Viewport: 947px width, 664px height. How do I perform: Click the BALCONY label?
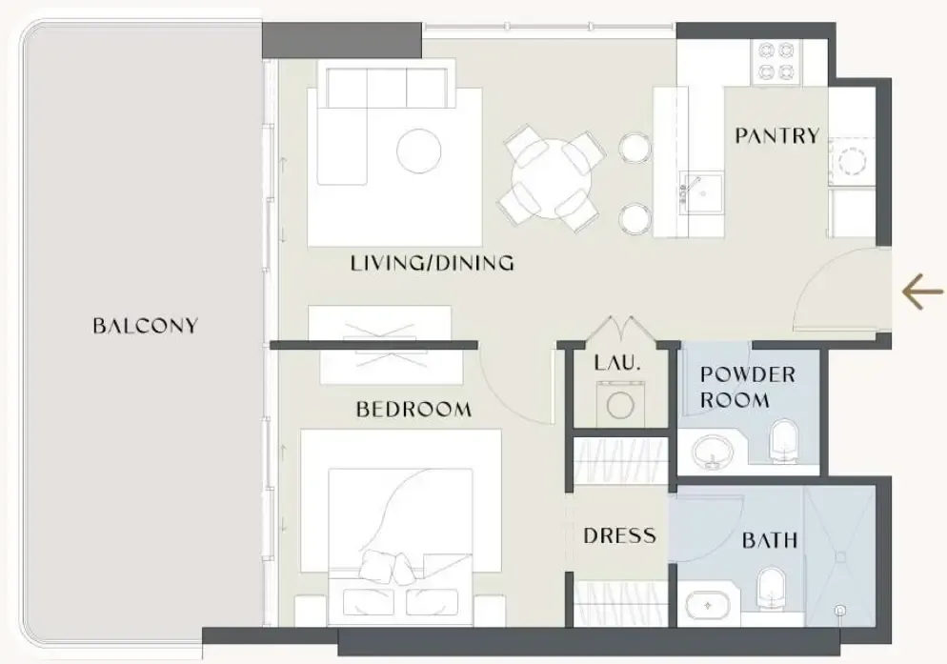pos(145,326)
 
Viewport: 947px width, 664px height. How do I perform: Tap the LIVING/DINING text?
pos(433,263)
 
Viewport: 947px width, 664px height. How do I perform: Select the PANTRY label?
pos(777,135)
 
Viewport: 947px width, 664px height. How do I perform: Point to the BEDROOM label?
pos(413,409)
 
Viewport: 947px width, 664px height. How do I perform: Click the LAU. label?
pos(616,363)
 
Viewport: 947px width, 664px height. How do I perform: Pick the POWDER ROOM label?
pos(748,387)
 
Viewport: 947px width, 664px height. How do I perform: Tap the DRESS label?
pos(619,535)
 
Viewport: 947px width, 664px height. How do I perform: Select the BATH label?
pos(770,539)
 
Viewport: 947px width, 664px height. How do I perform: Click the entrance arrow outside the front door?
pos(922,292)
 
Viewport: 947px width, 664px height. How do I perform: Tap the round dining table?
pos(551,179)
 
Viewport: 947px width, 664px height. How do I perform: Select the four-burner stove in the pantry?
pos(776,62)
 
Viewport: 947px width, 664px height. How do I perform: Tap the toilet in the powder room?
pos(783,440)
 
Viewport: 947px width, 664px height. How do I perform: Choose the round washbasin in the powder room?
pos(714,452)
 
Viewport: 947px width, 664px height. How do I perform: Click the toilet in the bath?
pos(771,587)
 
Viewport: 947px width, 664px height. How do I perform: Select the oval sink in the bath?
pos(708,605)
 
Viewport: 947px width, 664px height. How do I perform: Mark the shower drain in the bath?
pos(839,611)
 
